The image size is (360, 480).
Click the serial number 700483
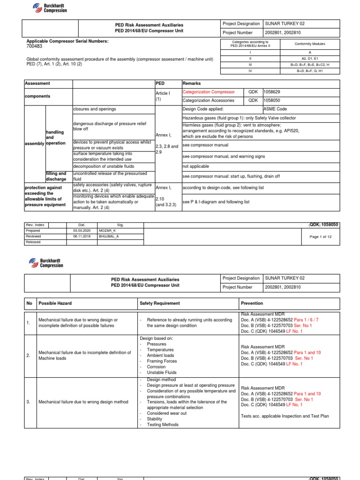point(34,47)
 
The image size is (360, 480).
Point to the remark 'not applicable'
point(195,166)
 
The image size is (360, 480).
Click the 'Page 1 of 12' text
point(321,237)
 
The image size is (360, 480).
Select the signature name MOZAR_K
point(107,231)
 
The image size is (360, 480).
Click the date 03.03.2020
point(81,231)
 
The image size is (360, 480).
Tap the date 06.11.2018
point(81,236)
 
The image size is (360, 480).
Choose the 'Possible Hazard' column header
point(55,303)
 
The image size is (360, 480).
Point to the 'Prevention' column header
point(252,303)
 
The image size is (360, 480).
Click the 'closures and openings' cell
point(95,109)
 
